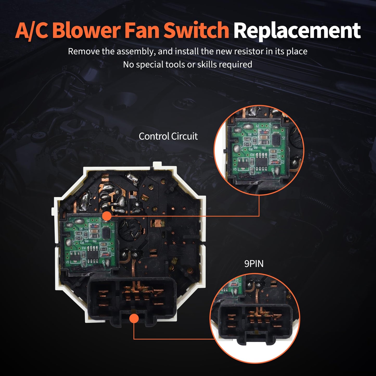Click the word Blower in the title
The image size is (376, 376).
(86, 31)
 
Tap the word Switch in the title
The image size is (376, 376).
(196, 31)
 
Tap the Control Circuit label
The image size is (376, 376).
(168, 136)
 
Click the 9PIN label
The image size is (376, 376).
(254, 264)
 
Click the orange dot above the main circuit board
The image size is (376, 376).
(107, 216)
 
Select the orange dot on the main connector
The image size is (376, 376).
(134, 318)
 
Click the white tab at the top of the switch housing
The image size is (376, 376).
(157, 165)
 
